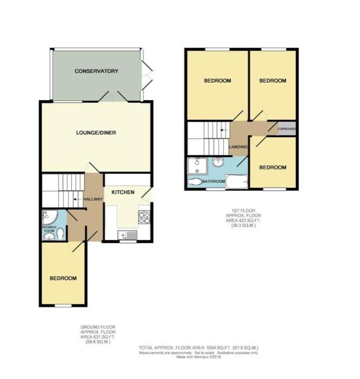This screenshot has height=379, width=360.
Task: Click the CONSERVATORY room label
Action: (x=97, y=71)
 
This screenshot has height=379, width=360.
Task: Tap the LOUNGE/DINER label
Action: (x=96, y=133)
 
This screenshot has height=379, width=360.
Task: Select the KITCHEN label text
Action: (x=123, y=192)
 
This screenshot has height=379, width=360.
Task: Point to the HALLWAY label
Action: (x=93, y=199)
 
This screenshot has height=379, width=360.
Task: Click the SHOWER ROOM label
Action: (x=49, y=229)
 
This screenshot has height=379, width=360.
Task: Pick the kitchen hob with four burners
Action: (x=144, y=217)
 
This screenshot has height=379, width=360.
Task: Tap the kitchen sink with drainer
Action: (x=127, y=235)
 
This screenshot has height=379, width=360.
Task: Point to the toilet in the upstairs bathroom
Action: (x=195, y=182)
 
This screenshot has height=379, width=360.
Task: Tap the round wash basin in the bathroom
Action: (x=219, y=162)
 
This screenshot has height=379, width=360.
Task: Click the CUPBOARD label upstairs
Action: (x=286, y=129)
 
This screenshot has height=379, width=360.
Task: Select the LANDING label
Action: (x=238, y=147)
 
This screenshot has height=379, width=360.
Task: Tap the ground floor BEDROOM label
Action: (x=63, y=279)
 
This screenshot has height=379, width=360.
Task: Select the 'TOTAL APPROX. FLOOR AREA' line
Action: (x=199, y=348)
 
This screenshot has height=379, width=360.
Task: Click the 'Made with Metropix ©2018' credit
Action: (x=199, y=357)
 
